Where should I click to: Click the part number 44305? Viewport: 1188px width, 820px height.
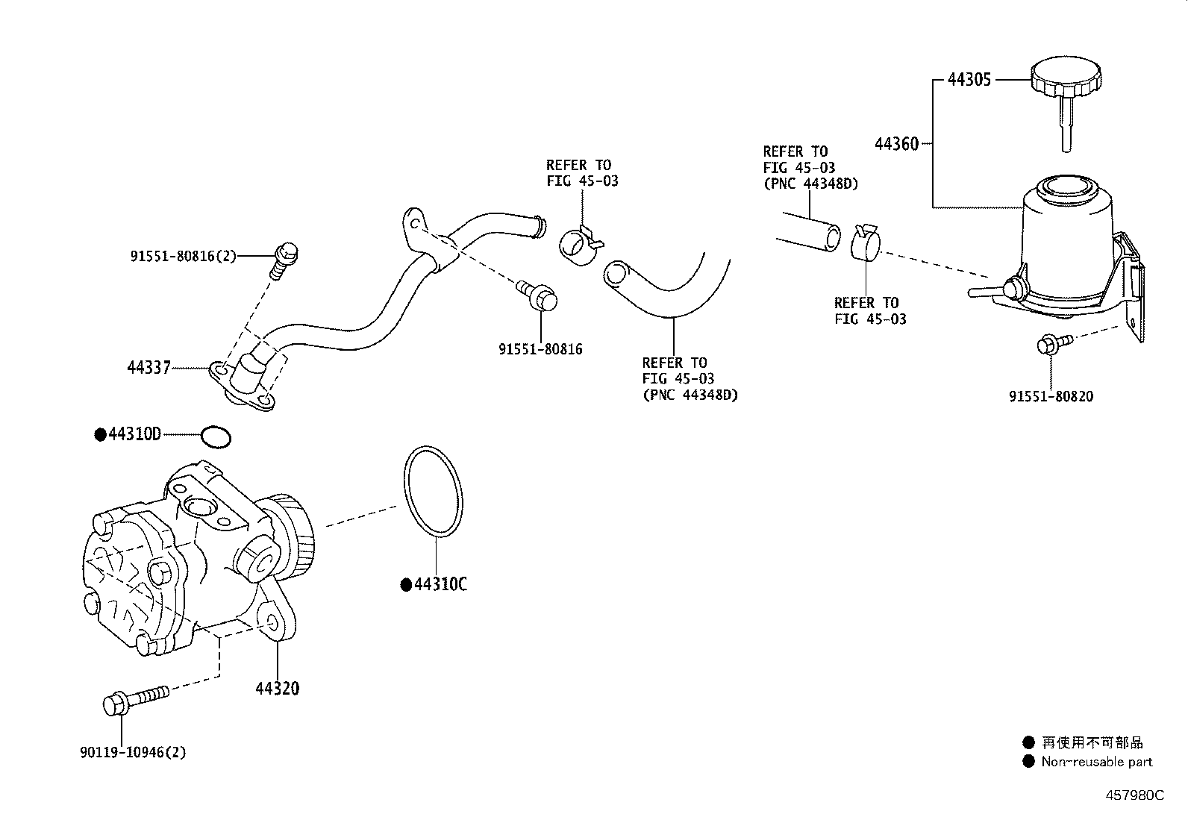point(969,80)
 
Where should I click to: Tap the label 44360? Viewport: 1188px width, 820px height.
point(896,144)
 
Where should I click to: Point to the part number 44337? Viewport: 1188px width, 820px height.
point(149,368)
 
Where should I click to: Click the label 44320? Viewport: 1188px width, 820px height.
point(278,689)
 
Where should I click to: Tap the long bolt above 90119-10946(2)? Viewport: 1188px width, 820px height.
point(136,700)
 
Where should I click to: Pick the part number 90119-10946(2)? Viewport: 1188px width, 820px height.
point(133,752)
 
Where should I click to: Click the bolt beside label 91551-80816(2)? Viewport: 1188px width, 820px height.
point(284,260)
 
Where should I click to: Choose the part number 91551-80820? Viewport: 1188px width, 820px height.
point(1051,396)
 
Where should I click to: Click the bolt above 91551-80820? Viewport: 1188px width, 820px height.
point(1054,344)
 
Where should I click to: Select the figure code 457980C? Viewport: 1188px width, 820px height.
point(1134,795)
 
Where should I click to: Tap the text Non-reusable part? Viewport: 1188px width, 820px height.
point(1097,762)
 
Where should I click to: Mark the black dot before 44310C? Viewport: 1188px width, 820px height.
point(406,585)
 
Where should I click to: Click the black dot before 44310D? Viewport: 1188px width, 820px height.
point(101,435)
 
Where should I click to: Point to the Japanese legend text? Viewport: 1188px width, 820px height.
point(1092,742)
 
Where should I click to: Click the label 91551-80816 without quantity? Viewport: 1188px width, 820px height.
point(540,349)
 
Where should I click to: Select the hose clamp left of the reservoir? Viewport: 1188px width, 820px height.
point(865,241)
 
